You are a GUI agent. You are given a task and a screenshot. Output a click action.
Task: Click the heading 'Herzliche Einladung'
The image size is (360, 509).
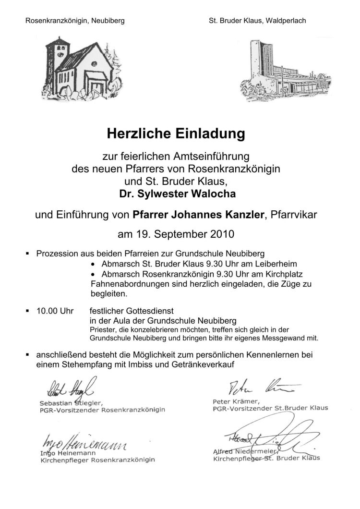(176, 133)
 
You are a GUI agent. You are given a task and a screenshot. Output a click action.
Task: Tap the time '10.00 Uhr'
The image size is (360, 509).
(55, 311)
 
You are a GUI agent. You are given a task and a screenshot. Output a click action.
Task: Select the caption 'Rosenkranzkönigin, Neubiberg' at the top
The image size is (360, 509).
(75, 21)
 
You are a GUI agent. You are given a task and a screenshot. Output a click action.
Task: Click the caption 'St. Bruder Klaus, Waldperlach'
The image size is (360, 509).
(257, 21)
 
